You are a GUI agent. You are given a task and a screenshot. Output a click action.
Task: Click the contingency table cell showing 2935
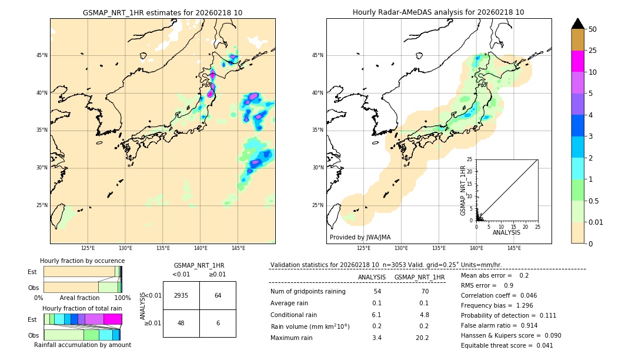point(181,295)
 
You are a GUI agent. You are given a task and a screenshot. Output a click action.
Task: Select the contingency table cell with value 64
point(218,295)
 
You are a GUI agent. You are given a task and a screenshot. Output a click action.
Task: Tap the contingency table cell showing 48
point(181,323)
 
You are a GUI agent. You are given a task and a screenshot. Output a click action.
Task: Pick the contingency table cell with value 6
point(218,323)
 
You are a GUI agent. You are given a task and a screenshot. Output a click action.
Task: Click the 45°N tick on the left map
point(42,55)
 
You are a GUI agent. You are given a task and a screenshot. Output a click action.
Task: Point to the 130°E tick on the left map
point(125,248)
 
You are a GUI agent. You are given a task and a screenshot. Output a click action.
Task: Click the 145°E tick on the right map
point(514,248)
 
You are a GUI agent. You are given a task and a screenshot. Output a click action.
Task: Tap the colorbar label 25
point(593,51)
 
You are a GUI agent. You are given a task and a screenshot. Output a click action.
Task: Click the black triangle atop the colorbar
point(578,24)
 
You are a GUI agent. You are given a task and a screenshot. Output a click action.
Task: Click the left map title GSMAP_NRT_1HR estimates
point(162,12)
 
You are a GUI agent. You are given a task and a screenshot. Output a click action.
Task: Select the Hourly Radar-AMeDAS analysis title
point(438,12)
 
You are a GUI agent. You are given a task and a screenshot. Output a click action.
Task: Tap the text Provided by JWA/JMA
point(360,237)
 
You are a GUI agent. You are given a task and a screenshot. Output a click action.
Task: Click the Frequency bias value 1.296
point(513,306)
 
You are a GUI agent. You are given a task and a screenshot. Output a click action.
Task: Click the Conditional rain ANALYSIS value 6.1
point(377,315)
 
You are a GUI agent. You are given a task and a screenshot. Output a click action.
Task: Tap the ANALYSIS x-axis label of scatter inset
point(506,232)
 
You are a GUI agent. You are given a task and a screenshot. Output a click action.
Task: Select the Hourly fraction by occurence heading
point(82,261)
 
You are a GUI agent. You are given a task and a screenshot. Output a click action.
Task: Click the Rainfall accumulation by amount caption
point(82,345)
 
